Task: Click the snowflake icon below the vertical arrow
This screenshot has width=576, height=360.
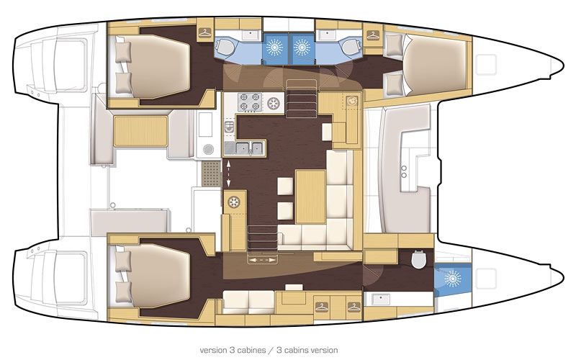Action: click(x=233, y=202)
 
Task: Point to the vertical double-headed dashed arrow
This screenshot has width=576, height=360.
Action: click(x=229, y=174)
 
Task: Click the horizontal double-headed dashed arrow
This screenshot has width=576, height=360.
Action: click(x=261, y=257)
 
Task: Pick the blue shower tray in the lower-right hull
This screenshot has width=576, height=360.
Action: click(x=451, y=278)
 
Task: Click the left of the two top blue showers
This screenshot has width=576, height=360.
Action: click(x=274, y=46)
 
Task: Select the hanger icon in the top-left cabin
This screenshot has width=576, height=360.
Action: click(x=205, y=32)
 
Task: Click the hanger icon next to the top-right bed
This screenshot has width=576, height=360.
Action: click(x=374, y=34)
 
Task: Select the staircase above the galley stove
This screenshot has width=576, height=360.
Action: click(x=302, y=97)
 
